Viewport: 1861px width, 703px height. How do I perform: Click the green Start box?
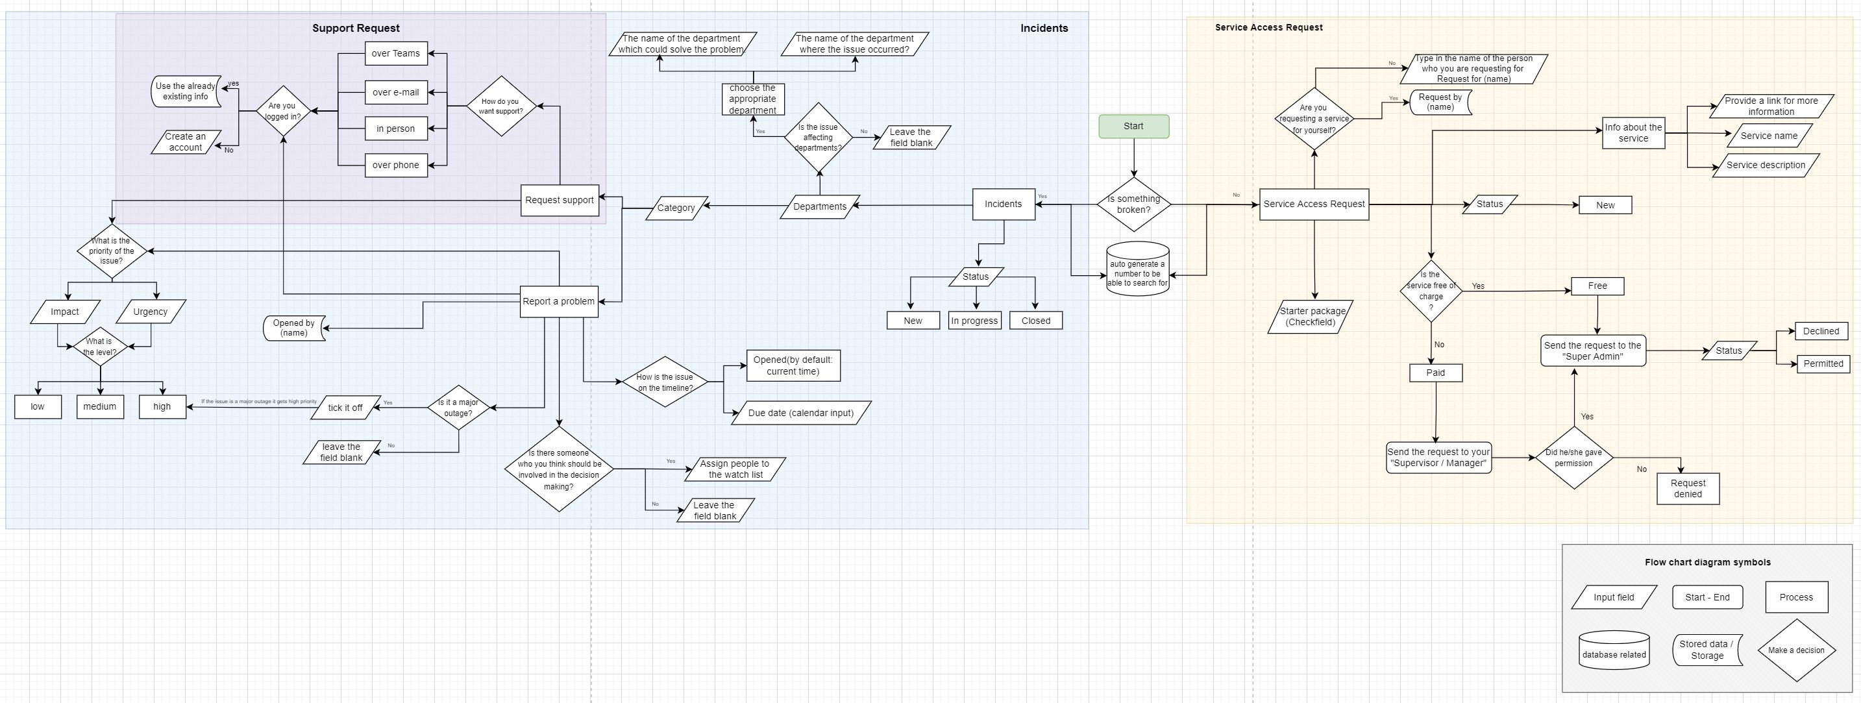click(x=1133, y=127)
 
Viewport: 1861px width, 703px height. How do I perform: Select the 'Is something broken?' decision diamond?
click(x=1133, y=204)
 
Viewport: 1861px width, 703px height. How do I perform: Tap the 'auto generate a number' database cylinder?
click(x=1137, y=270)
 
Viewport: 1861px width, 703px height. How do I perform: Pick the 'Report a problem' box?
click(x=558, y=301)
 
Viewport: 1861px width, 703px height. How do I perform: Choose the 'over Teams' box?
click(x=395, y=53)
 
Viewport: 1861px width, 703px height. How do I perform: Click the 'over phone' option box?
click(x=395, y=165)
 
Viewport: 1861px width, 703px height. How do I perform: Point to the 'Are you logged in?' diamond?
click(x=282, y=111)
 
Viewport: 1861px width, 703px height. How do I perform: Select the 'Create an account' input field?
click(x=186, y=142)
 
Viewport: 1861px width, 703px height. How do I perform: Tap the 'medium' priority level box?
click(x=100, y=407)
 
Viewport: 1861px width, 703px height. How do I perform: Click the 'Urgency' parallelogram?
click(x=150, y=312)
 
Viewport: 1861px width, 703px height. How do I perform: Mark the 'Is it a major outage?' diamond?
click(x=458, y=408)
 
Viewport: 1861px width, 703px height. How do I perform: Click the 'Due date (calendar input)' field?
click(x=800, y=413)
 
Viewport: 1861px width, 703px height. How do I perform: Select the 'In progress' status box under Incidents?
click(x=974, y=321)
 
